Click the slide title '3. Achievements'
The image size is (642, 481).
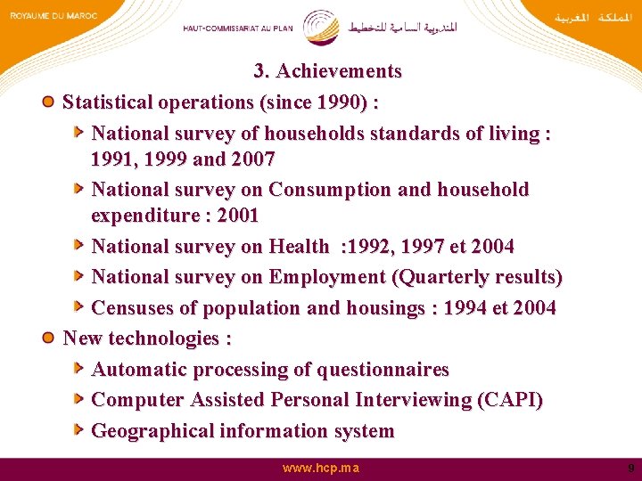coord(327,71)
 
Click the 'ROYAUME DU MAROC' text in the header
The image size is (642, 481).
coord(53,15)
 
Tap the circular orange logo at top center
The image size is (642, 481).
coord(321,28)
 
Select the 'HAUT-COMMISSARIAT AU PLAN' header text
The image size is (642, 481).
coord(237,29)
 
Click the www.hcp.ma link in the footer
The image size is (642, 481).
coord(321,468)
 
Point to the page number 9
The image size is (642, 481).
coord(630,468)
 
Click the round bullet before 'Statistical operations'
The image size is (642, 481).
coord(50,102)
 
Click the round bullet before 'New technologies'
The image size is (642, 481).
coord(50,338)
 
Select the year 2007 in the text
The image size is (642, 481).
coord(252,159)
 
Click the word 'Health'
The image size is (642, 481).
coord(299,246)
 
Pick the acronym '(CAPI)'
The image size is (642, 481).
coord(510,400)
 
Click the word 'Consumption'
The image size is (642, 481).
coord(330,190)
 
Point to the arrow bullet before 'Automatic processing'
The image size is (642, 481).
coord(79,369)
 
